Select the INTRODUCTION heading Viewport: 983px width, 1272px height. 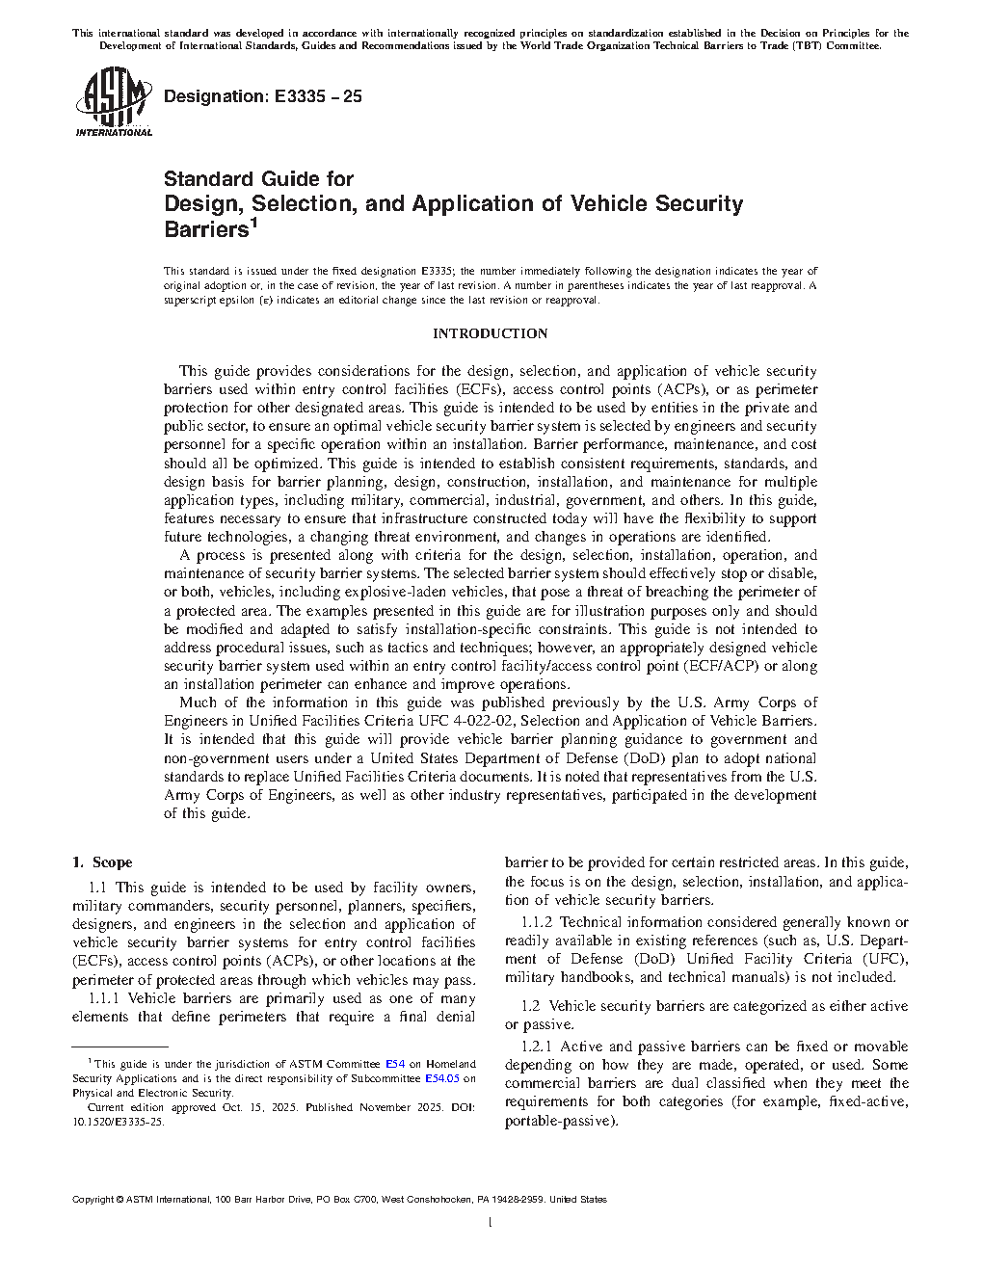pos(490,333)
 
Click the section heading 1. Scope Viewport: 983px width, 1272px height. pos(102,862)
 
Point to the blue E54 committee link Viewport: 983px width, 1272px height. pos(395,1064)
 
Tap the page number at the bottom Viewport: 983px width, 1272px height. pos(491,1223)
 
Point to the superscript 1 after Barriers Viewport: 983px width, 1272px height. pos(253,223)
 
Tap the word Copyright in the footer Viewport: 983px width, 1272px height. pos(93,1200)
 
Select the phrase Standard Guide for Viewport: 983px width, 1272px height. pos(258,179)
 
